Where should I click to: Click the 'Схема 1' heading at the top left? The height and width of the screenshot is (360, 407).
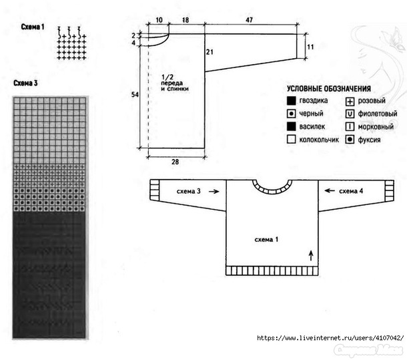click(x=33, y=27)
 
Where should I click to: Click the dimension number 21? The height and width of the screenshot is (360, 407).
click(x=210, y=51)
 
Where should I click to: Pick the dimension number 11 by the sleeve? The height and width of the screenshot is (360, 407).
click(x=310, y=47)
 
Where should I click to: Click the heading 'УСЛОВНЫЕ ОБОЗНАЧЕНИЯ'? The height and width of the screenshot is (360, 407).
click(x=329, y=89)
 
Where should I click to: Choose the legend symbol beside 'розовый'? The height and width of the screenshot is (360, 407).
click(x=350, y=101)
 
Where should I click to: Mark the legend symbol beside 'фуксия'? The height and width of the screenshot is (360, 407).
click(x=350, y=140)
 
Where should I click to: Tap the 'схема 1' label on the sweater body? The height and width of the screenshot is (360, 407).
click(x=267, y=238)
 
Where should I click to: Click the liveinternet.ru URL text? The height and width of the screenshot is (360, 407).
click(x=331, y=338)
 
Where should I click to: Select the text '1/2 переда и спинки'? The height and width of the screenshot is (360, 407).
click(x=175, y=82)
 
